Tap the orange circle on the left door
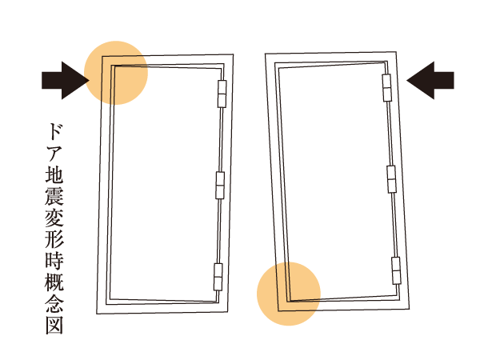tap(116, 72)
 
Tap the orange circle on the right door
tap(289, 294)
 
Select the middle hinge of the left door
tap(221, 186)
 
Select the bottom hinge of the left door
tap(218, 276)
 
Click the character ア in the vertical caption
tap(54, 153)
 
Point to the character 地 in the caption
tap(54, 174)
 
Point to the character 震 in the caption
tap(54, 196)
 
